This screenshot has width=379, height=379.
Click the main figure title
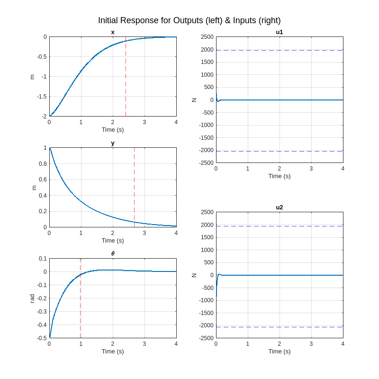pos(189,20)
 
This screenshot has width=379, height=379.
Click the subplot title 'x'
pos(113,32)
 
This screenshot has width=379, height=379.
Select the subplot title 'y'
pos(113,143)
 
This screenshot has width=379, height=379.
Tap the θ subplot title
pos(113,254)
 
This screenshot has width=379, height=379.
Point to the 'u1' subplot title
pos(280,32)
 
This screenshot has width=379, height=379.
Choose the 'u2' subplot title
pos(280,208)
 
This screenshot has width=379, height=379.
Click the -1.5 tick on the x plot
pos(42,97)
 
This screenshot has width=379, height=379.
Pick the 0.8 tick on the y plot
pos(42,164)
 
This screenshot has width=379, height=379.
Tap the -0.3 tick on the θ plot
pos(42,311)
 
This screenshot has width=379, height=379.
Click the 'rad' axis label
pos(32,298)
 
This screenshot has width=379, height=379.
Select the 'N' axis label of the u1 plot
pos(194,100)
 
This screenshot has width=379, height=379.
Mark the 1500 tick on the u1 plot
pos(207,62)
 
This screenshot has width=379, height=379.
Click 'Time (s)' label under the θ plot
pos(113,352)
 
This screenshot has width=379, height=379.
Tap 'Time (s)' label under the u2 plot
pos(280,352)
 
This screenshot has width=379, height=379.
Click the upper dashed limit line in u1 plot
pos(280,50)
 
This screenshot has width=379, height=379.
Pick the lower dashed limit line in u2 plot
pos(280,327)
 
